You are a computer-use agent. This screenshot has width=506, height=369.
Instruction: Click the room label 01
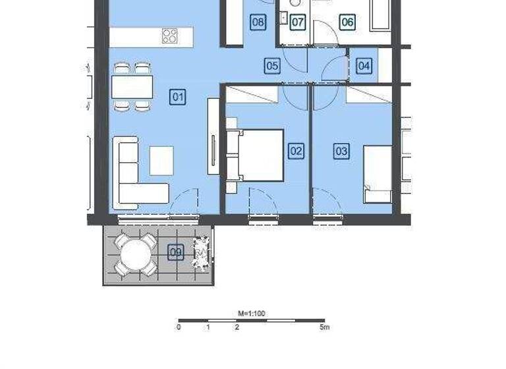(177, 98)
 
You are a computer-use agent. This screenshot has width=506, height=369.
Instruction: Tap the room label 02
(296, 152)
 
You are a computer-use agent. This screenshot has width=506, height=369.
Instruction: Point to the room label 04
(364, 66)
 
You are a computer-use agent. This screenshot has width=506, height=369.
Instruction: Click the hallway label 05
(272, 66)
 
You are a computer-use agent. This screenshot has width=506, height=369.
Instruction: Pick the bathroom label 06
(347, 22)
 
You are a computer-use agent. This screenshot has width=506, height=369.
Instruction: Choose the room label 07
(298, 22)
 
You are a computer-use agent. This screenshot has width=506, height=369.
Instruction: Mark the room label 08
(258, 22)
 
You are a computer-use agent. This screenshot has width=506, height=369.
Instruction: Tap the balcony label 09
(175, 252)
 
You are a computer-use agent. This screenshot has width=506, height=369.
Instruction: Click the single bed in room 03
(378, 173)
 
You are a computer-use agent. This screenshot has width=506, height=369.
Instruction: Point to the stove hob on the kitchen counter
(169, 36)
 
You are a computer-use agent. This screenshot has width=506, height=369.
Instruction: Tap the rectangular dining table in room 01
(132, 86)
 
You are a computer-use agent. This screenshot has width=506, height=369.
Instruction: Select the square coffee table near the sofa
(161, 160)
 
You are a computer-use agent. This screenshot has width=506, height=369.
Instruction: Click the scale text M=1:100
(251, 314)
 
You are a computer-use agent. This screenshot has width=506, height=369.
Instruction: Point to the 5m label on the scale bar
(324, 327)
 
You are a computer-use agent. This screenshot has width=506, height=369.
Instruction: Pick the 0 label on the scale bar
(179, 327)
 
